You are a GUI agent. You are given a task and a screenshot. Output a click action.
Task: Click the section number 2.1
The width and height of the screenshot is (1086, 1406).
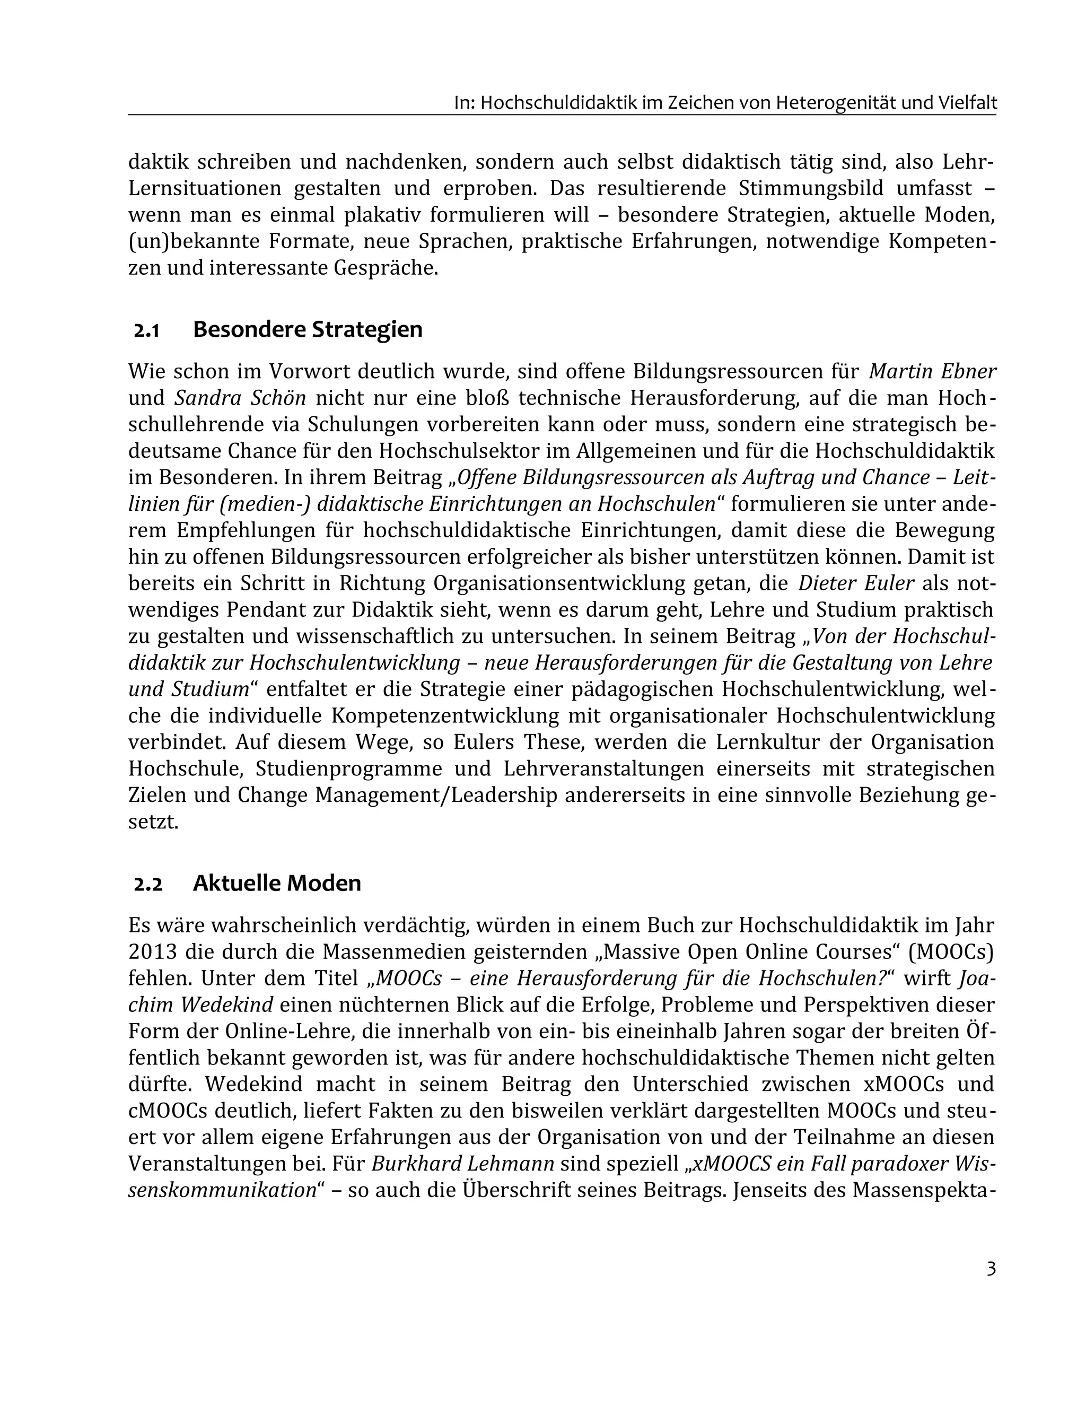point(146,331)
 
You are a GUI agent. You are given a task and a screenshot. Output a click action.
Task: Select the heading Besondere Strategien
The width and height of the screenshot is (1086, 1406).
point(307,329)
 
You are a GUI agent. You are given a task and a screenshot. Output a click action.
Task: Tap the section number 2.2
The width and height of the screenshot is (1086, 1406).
point(148,885)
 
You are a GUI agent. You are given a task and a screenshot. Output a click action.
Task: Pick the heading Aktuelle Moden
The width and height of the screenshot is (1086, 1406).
point(276,883)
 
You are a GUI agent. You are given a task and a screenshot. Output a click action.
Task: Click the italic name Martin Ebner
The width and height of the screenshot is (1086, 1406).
point(932,371)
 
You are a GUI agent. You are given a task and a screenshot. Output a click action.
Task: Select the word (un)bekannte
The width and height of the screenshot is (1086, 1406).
point(192,241)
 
